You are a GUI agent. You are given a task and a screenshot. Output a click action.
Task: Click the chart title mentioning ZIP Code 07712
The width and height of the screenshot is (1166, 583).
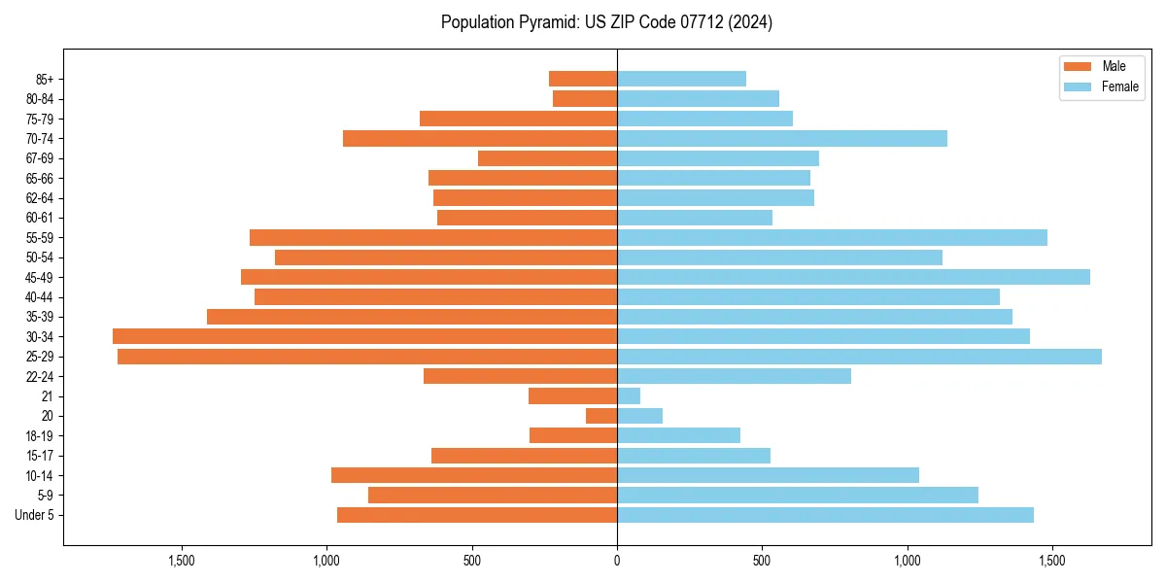[x=606, y=22]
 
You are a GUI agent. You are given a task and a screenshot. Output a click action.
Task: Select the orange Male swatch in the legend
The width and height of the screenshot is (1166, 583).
[x=1078, y=66]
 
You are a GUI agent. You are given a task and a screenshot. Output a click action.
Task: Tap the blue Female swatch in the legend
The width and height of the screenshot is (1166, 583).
[x=1078, y=86]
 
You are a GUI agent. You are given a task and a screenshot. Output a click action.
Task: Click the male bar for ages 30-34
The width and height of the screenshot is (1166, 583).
[x=364, y=336]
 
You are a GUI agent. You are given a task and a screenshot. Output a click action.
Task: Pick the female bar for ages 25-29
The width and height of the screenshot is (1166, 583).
[x=859, y=357]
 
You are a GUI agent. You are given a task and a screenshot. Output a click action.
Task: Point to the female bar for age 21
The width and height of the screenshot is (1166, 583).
[x=629, y=396]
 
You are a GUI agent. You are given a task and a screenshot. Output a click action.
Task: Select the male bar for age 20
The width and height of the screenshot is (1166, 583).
[x=601, y=416]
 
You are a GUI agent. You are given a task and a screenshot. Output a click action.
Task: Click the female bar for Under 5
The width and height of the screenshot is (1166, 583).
[x=825, y=515]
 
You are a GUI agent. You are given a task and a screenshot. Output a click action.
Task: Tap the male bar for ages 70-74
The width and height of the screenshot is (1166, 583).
[x=480, y=138]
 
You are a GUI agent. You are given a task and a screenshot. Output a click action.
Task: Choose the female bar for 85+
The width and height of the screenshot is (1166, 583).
[x=681, y=79]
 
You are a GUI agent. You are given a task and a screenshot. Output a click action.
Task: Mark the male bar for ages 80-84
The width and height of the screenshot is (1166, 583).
[x=585, y=98]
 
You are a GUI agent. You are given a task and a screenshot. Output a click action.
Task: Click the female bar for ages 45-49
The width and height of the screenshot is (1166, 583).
[x=853, y=277]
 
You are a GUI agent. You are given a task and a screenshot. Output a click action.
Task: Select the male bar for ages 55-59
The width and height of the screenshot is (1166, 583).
[x=433, y=237]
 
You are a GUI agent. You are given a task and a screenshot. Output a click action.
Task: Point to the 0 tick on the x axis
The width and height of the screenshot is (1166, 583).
[x=617, y=561]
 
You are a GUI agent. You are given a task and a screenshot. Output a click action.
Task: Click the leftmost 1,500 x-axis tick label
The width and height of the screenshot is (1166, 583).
[x=182, y=561]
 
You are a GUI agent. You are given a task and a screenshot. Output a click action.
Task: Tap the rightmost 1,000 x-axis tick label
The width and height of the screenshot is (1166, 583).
[x=907, y=561]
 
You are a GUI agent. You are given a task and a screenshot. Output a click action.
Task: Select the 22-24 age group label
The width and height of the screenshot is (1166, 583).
[x=39, y=377]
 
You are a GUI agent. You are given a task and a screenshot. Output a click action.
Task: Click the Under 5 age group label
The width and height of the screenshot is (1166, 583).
[x=34, y=515]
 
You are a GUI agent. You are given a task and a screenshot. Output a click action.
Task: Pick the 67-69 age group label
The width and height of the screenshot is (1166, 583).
[x=39, y=158]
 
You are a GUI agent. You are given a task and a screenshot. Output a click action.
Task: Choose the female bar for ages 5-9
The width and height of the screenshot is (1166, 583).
[x=798, y=496]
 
